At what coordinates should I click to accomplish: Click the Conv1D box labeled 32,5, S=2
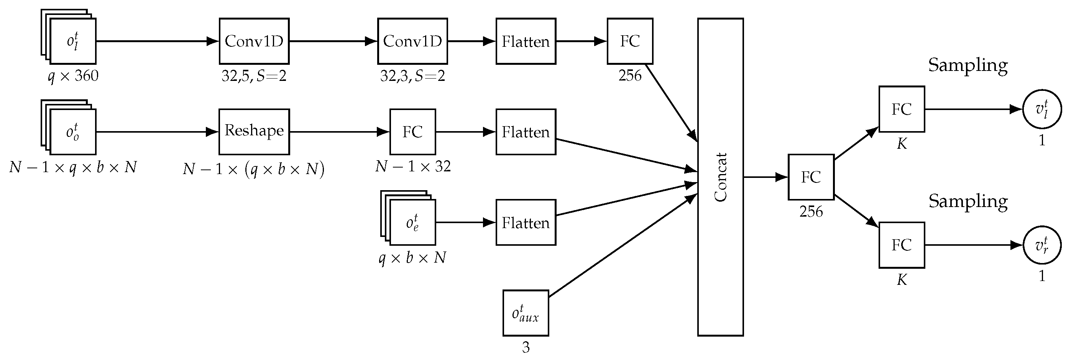254,41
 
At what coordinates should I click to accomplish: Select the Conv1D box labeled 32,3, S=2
412,41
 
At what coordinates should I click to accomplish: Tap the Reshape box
254,132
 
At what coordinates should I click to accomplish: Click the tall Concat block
720,177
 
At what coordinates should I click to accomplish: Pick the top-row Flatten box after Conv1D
526,41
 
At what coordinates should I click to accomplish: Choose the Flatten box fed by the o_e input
526,222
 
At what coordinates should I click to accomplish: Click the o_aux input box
526,312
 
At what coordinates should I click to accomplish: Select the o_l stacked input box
72,41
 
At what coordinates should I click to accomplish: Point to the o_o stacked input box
72,132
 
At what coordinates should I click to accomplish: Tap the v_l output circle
1041,109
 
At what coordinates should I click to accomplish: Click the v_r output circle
1041,245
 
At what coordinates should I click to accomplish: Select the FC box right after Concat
811,177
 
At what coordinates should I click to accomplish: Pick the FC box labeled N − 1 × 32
412,132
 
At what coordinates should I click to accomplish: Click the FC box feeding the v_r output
901,245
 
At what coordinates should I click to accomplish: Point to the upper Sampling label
968,65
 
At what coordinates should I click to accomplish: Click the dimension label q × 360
73,76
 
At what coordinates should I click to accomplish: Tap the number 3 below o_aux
526,347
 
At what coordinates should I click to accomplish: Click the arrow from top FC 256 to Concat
671,103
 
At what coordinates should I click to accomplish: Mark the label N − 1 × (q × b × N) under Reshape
254,169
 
